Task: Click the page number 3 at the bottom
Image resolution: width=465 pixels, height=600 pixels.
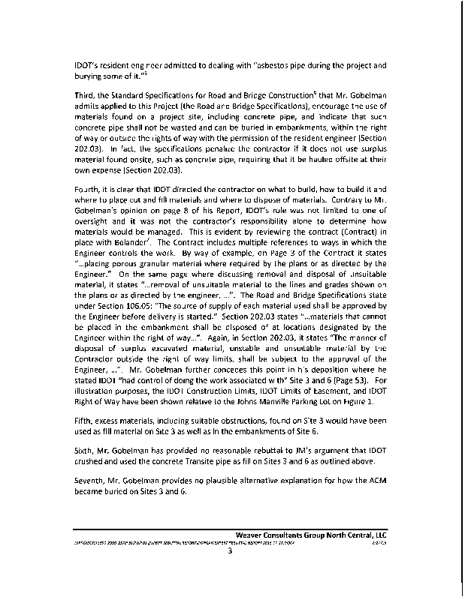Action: click(231, 553)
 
